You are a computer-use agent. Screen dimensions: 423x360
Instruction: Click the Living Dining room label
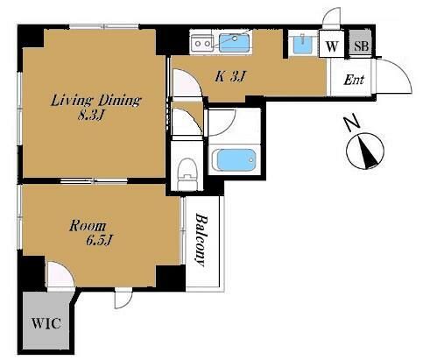(95, 101)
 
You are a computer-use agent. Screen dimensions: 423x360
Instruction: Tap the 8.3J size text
(91, 116)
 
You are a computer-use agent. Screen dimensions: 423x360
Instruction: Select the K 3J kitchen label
(230, 77)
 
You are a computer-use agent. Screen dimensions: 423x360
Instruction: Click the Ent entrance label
(354, 80)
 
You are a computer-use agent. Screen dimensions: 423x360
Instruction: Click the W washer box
(332, 45)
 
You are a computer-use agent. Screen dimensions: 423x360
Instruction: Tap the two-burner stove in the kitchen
(202, 44)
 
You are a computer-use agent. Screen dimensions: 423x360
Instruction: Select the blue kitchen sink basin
(234, 43)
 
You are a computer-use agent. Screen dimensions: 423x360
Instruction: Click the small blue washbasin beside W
(303, 45)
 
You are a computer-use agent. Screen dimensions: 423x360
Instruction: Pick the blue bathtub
(236, 160)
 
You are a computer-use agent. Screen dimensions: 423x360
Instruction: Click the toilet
(187, 174)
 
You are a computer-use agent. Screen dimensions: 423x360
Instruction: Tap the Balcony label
(201, 240)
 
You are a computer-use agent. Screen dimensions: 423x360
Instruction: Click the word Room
(88, 226)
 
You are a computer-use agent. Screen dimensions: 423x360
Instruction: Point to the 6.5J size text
(99, 240)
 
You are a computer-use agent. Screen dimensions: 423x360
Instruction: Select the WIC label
(46, 323)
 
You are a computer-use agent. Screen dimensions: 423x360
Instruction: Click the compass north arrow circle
(365, 152)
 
